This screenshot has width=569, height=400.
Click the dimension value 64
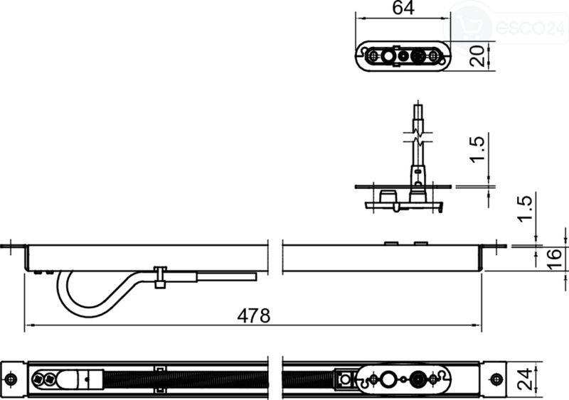[403, 8]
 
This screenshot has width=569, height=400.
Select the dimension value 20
[477, 55]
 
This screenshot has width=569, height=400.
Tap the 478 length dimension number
[254, 315]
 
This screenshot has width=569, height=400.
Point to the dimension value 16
[554, 258]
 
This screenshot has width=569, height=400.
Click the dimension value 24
[525, 379]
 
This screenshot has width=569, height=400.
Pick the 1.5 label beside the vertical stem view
[477, 149]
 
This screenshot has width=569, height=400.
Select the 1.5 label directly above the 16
[525, 208]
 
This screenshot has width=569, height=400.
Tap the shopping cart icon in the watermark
[470, 25]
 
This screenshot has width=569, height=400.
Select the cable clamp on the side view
[160, 277]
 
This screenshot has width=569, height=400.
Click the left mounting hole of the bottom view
[11, 379]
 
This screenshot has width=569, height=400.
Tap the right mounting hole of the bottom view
[496, 379]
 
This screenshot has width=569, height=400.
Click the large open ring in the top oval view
[388, 56]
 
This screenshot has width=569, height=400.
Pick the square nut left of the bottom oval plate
[345, 379]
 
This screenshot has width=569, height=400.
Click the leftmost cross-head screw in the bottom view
[38, 379]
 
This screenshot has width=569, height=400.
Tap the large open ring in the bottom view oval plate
[388, 379]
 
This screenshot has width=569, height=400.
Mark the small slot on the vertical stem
[418, 171]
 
